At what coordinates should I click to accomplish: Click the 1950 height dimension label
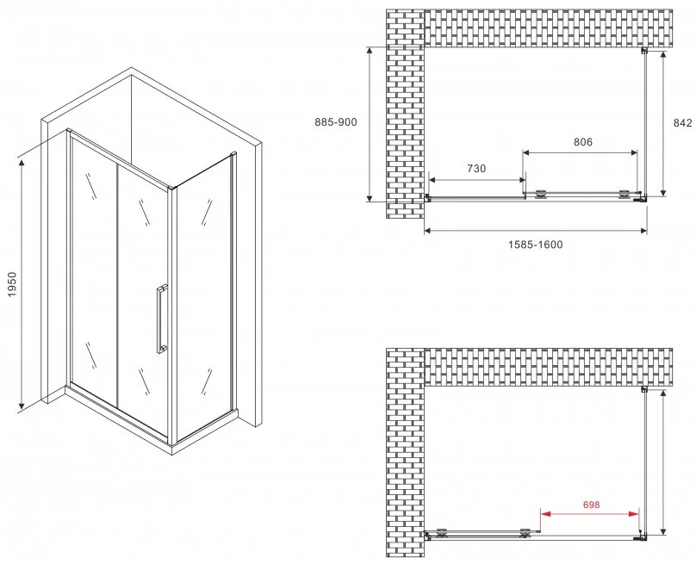(x=11, y=284)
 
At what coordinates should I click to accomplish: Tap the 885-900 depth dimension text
(x=336, y=121)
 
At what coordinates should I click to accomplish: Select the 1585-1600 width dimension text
(x=535, y=245)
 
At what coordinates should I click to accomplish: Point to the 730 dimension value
(x=476, y=169)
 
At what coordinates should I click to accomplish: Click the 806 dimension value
(x=583, y=142)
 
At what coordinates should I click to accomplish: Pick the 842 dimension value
(x=683, y=123)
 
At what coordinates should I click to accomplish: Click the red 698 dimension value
(x=591, y=505)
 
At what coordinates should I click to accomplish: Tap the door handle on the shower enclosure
(x=162, y=319)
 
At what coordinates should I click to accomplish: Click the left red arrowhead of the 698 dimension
(x=545, y=514)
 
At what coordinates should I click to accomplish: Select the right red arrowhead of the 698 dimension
(x=634, y=514)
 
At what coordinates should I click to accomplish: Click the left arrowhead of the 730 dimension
(x=433, y=180)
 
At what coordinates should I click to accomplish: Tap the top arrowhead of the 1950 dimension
(x=21, y=164)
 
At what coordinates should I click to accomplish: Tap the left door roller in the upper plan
(x=541, y=195)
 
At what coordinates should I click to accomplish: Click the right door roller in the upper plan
(x=625, y=195)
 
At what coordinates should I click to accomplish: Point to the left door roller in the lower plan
(x=442, y=533)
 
